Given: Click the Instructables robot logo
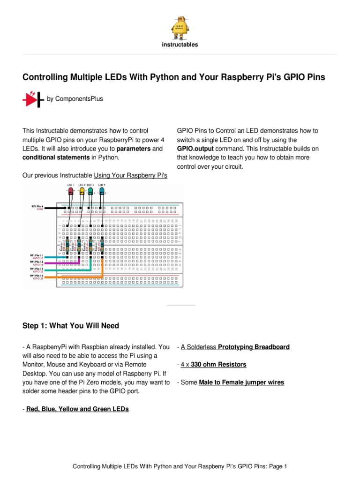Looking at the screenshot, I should coord(180,27).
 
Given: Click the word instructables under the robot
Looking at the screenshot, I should coord(180,45).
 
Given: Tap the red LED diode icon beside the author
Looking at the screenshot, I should coord(32,99).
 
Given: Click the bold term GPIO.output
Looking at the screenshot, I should coord(195,149).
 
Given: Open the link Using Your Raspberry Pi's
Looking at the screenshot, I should coord(130,175).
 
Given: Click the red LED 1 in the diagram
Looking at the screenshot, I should coord(71,191).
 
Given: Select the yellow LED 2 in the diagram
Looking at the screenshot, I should coord(82,191).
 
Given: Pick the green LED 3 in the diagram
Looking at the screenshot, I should coord(91,191).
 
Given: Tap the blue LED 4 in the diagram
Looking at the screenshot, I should coord(102,191).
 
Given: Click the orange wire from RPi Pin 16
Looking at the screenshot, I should coord(70,277).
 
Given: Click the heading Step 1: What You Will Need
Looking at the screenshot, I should coord(71,325).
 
